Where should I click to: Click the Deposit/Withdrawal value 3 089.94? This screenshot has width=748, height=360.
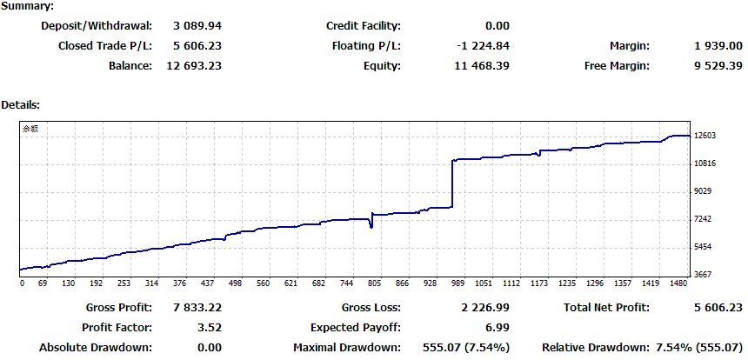[x=197, y=26]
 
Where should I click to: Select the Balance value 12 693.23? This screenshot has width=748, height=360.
[x=194, y=66]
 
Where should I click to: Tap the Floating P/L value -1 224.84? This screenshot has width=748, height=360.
[x=483, y=46]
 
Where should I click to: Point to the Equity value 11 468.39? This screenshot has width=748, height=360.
[x=483, y=66]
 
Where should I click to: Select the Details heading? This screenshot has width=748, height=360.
[x=21, y=105]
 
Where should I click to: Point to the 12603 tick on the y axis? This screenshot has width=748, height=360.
[x=705, y=136]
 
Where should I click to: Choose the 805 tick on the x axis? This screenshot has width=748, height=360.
[x=375, y=283]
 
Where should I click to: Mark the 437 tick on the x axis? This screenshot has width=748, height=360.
[x=208, y=283]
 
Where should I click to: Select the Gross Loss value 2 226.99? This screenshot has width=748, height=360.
[x=485, y=308]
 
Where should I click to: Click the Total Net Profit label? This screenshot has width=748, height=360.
[x=606, y=308]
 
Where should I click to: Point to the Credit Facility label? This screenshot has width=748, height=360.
[x=364, y=26]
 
